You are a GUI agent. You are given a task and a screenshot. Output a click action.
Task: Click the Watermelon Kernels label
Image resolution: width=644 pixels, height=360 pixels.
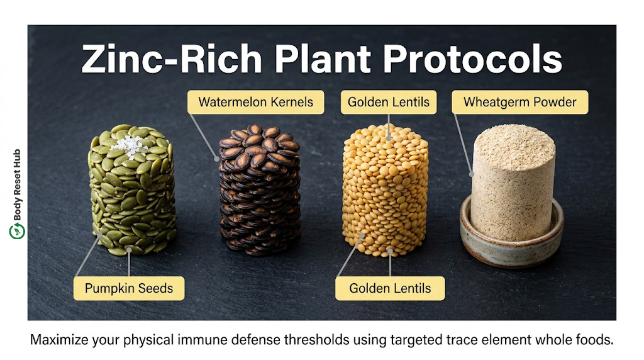click(x=255, y=102)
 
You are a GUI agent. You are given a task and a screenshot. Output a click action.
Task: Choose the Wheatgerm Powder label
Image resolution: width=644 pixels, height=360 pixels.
click(x=519, y=102)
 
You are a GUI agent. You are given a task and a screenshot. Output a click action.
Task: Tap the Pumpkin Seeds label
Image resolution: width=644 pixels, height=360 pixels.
click(x=129, y=288)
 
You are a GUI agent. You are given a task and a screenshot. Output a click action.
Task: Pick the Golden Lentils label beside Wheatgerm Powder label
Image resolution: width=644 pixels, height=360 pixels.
click(x=389, y=102)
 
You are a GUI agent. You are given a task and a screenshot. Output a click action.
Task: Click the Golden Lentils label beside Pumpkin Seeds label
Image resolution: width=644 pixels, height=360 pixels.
click(x=390, y=288)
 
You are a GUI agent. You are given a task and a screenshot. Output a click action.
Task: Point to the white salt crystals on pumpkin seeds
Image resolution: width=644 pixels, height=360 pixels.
click(x=129, y=145)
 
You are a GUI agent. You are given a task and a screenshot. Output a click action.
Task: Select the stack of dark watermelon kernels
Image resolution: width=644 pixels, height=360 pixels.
click(x=260, y=189)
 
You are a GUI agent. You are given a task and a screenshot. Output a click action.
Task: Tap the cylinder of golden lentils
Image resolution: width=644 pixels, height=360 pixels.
click(x=386, y=190)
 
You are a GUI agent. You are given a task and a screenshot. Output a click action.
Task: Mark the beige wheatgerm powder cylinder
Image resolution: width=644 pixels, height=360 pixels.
click(x=513, y=181)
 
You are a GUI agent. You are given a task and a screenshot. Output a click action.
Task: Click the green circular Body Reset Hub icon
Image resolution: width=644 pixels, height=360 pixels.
click(x=17, y=231)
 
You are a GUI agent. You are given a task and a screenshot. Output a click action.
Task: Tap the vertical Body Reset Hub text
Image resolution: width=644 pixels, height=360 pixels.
click(x=17, y=185)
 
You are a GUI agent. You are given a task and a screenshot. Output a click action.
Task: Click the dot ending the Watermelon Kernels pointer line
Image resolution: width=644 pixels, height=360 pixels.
click(x=216, y=159)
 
